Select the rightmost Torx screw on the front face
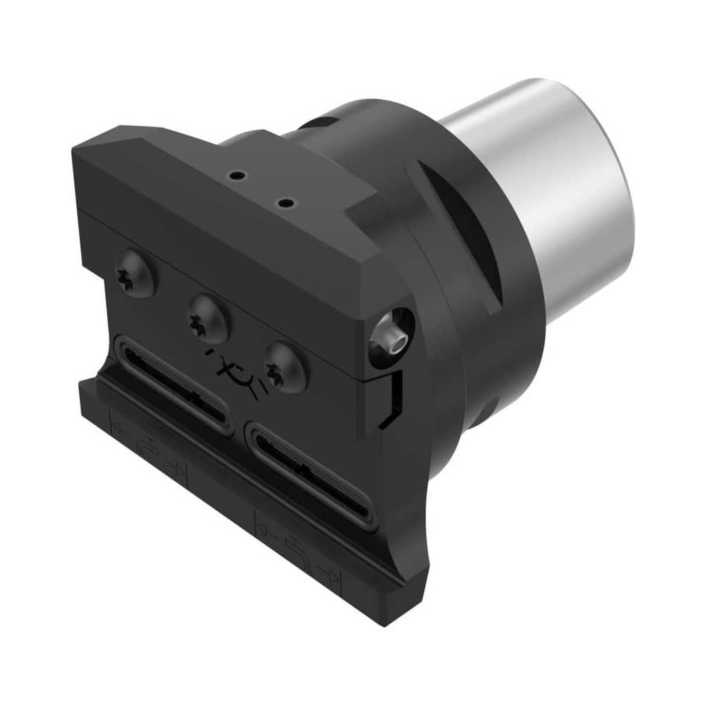click(x=286, y=366)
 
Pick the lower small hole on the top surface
click(x=286, y=204)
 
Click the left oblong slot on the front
click(x=173, y=384)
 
